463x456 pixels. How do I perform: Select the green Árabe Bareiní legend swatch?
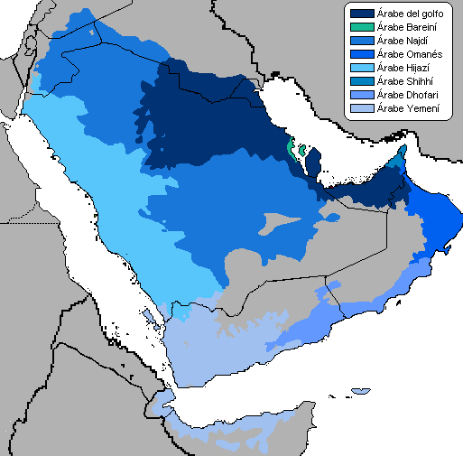point(363,27)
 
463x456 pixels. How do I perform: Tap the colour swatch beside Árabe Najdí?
point(363,41)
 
